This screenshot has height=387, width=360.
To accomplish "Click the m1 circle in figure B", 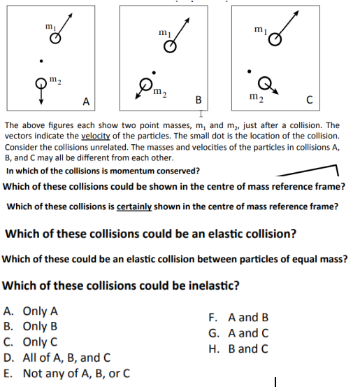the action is [170, 48].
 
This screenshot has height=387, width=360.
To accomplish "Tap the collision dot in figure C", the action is [249, 71].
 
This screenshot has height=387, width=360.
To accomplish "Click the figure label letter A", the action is [86, 102].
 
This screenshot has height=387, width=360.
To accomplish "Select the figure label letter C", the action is [315, 102].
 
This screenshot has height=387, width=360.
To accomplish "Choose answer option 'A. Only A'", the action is [31, 311].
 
